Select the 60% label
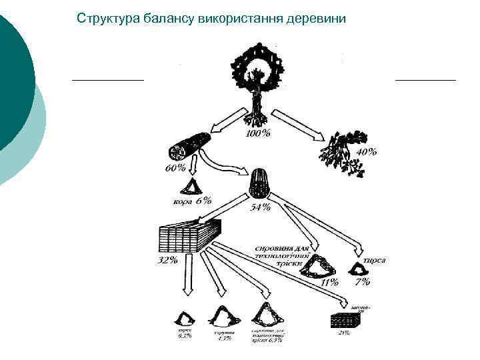[176, 169]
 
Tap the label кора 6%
[192, 200]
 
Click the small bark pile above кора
[195, 187]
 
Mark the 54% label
[260, 207]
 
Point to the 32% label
[167, 260]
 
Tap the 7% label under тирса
[362, 283]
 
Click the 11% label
[329, 283]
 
